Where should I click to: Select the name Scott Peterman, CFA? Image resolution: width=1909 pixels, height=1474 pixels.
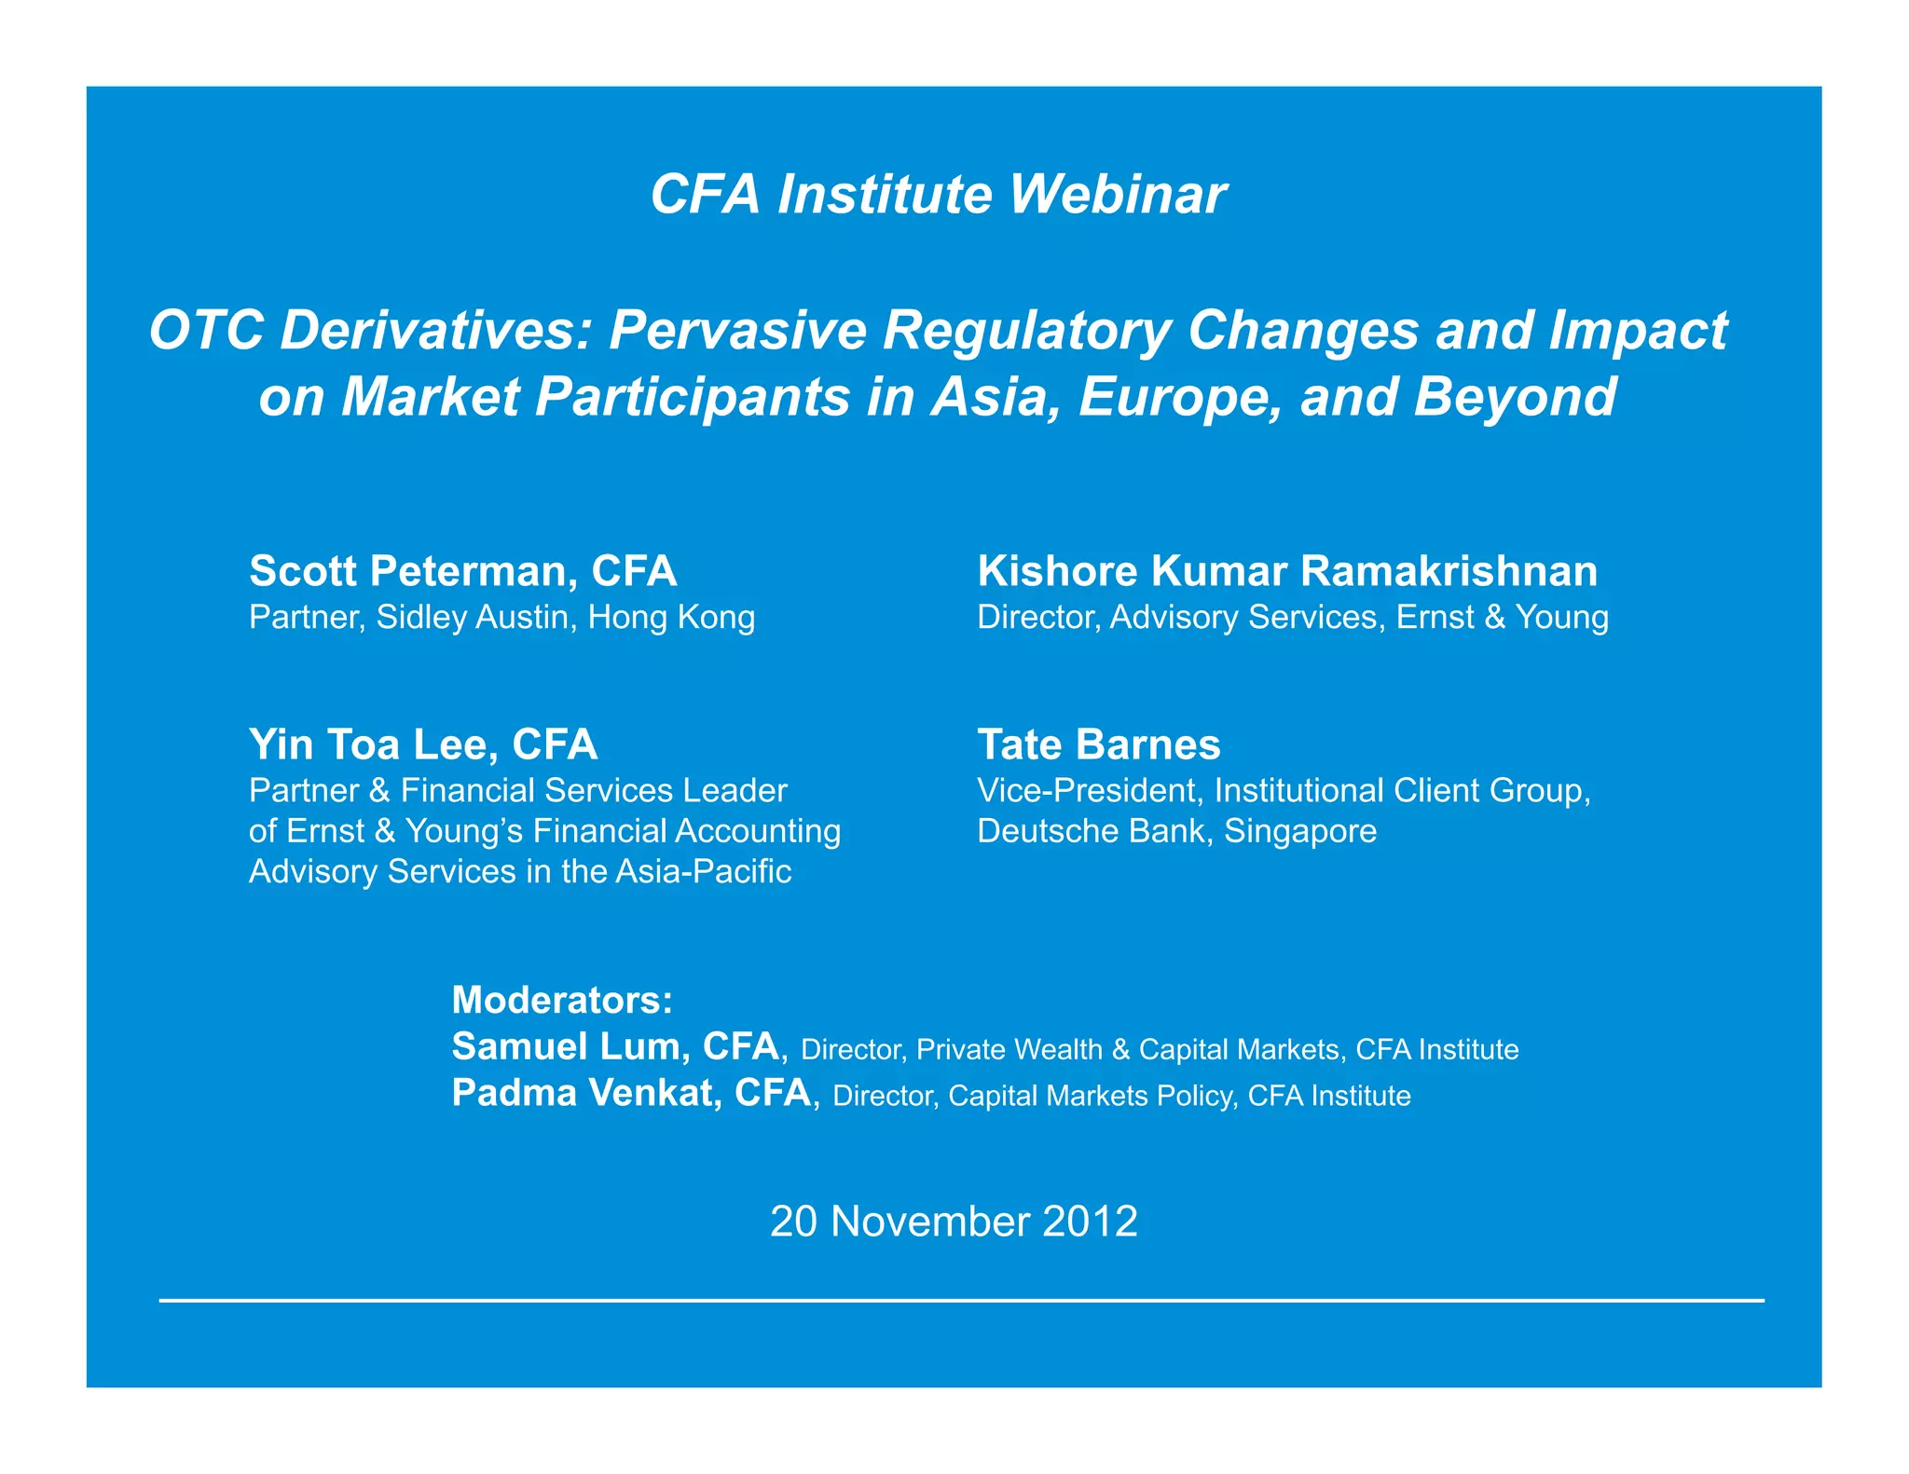[462, 571]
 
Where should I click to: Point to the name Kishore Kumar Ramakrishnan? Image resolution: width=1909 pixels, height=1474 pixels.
[1286, 571]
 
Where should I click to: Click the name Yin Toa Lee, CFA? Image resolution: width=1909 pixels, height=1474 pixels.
[422, 744]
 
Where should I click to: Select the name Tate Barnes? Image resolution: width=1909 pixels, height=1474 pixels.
[1098, 744]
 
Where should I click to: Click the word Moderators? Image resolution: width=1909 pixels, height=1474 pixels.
[561, 1000]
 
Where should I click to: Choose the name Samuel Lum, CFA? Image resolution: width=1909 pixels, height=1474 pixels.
[615, 1046]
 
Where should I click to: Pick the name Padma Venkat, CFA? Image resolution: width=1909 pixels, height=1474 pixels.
[631, 1092]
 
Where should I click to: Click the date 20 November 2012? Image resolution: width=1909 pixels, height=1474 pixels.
[954, 1222]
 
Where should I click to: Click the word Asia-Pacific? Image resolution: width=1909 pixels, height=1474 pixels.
[703, 872]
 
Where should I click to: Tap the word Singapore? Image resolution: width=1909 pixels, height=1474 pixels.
[1300, 831]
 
